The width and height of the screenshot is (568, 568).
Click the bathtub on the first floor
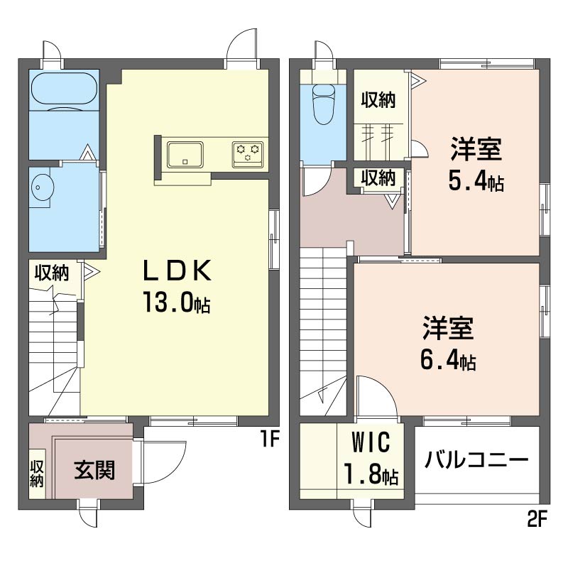pos(64,92)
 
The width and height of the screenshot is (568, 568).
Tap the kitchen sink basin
pos(185,155)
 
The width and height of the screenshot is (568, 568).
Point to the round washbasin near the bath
pos(43,187)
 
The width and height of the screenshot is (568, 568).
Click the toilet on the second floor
pos(324,104)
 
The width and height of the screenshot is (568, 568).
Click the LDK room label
pos(177,271)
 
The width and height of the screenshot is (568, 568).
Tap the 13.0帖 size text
pos(177,302)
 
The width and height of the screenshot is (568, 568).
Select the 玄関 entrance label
pos(94,470)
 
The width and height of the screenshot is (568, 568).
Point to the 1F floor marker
pos(270,439)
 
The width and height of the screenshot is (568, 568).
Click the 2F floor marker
pos(537,520)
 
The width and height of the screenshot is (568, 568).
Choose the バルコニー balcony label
pos(476,460)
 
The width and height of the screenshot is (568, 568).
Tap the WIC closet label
pos(371,442)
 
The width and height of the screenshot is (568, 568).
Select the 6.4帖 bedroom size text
pos(448,360)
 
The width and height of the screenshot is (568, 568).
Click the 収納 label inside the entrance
pos(37,474)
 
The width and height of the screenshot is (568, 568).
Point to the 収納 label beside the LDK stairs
pos(52,273)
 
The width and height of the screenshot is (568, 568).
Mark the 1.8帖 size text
pos(371,474)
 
